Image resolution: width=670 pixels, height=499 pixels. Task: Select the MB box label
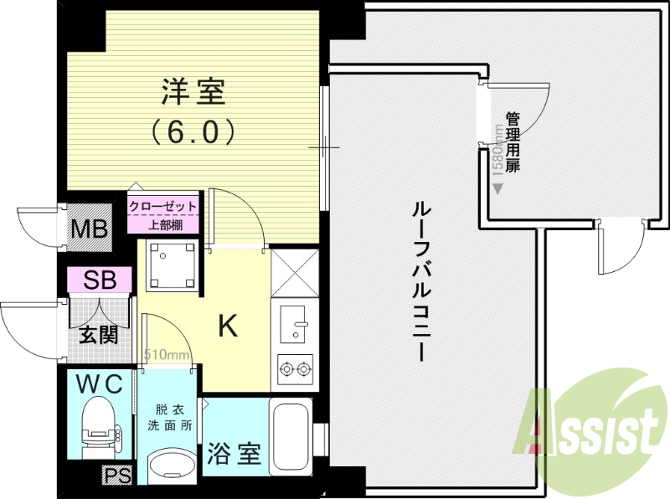[x=90, y=227]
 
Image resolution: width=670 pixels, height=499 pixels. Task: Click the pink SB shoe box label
[x=100, y=279]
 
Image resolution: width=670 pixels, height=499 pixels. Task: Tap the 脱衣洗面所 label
[x=173, y=418]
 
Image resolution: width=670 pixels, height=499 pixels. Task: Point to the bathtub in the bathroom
[x=291, y=436]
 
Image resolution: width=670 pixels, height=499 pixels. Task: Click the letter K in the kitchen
[x=227, y=326]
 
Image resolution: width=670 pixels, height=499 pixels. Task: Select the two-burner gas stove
[x=294, y=366]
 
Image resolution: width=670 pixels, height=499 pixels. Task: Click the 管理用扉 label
[x=512, y=143]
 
